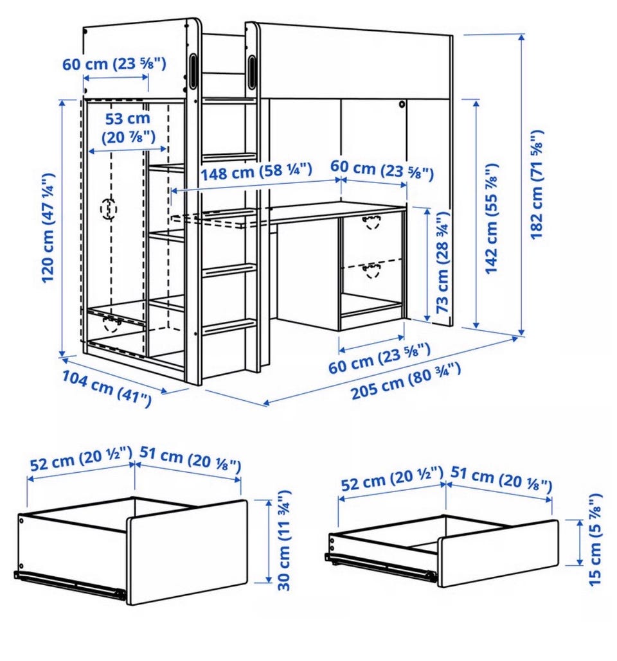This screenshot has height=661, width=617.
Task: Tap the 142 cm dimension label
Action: (491, 219)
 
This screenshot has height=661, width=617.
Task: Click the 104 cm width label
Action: (107, 389)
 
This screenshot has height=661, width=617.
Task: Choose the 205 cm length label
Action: (406, 381)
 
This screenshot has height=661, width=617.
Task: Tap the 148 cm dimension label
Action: (256, 172)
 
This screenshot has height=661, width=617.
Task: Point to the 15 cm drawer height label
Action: (595, 540)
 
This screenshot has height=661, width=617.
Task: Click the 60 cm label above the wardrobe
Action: (114, 64)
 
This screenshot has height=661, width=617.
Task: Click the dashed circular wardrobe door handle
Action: (109, 209)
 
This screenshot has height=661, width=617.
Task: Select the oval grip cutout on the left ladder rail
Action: (193, 71)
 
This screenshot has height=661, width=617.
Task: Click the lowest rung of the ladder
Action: (230, 327)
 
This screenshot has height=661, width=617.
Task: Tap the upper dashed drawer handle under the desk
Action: (371, 222)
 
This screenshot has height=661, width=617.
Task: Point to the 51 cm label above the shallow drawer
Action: (501, 479)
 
